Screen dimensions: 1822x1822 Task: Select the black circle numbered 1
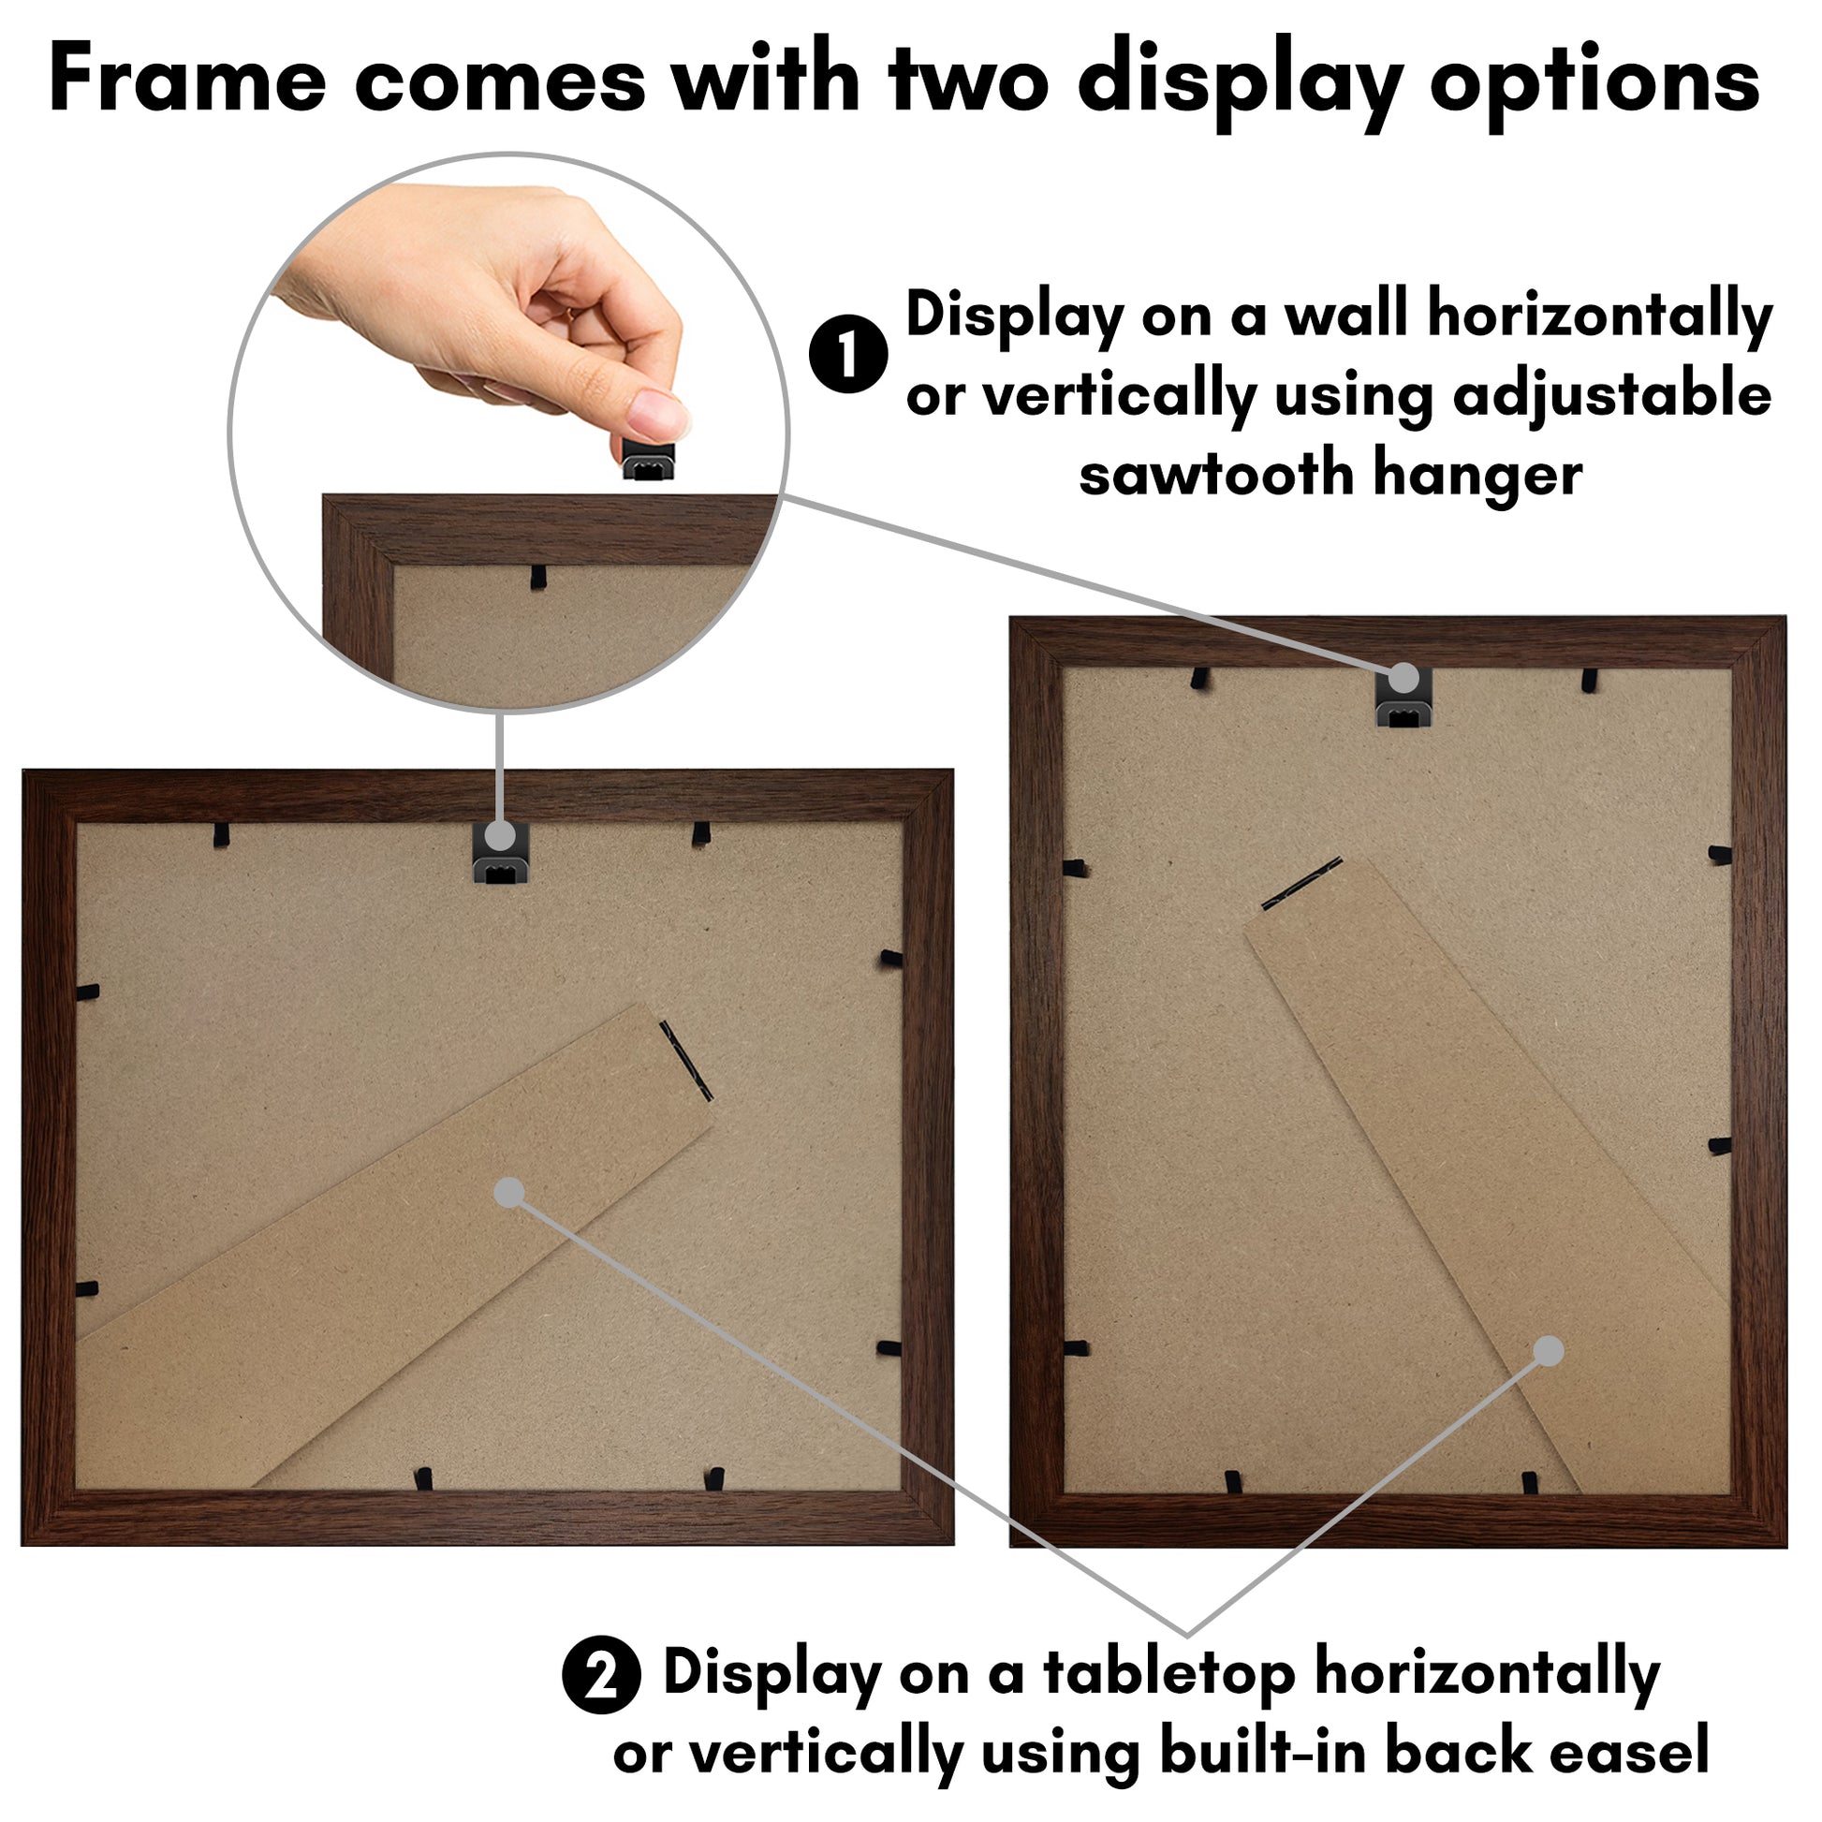point(848,354)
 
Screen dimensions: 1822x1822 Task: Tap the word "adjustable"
point(1611,396)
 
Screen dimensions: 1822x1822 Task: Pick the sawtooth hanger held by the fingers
point(649,459)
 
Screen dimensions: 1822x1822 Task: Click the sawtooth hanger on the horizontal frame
point(500,853)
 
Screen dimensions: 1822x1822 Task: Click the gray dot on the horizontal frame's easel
point(509,1192)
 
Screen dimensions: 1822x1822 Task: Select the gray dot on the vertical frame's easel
point(1548,1351)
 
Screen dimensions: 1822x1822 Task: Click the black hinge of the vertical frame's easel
point(1302,884)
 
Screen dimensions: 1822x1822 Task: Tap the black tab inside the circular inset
point(537,577)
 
